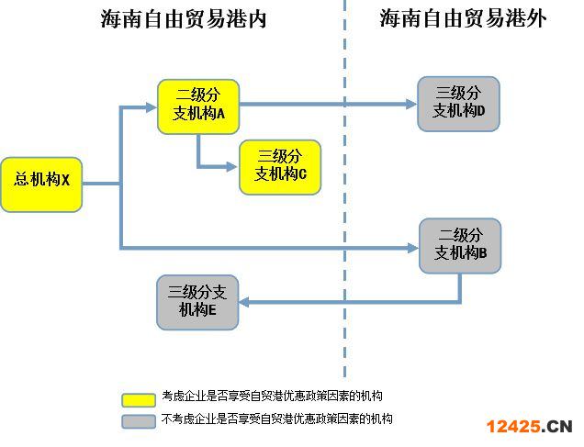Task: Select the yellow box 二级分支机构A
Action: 198,106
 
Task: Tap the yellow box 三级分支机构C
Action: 280,166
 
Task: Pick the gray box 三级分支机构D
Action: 458,103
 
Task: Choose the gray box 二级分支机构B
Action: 460,245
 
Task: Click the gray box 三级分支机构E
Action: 198,301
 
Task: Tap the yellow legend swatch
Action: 138,399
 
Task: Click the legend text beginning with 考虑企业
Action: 271,397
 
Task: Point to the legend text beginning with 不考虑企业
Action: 276,419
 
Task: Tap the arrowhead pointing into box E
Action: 246,302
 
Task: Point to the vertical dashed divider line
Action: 345,184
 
